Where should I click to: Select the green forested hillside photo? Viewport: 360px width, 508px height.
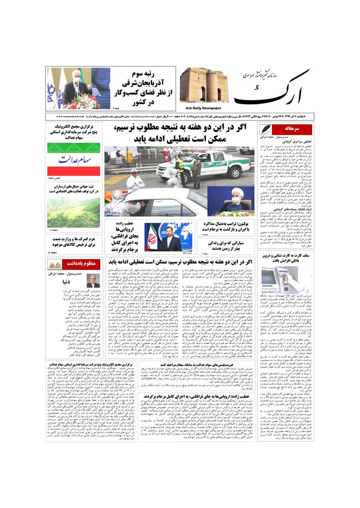[74, 212]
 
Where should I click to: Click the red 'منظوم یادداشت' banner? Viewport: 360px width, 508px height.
[72, 264]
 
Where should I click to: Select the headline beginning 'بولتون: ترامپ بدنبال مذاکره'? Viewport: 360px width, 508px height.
[226, 227]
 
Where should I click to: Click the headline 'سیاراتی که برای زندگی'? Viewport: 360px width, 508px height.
[226, 245]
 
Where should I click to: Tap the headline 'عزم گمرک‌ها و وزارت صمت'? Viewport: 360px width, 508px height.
[74, 242]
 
